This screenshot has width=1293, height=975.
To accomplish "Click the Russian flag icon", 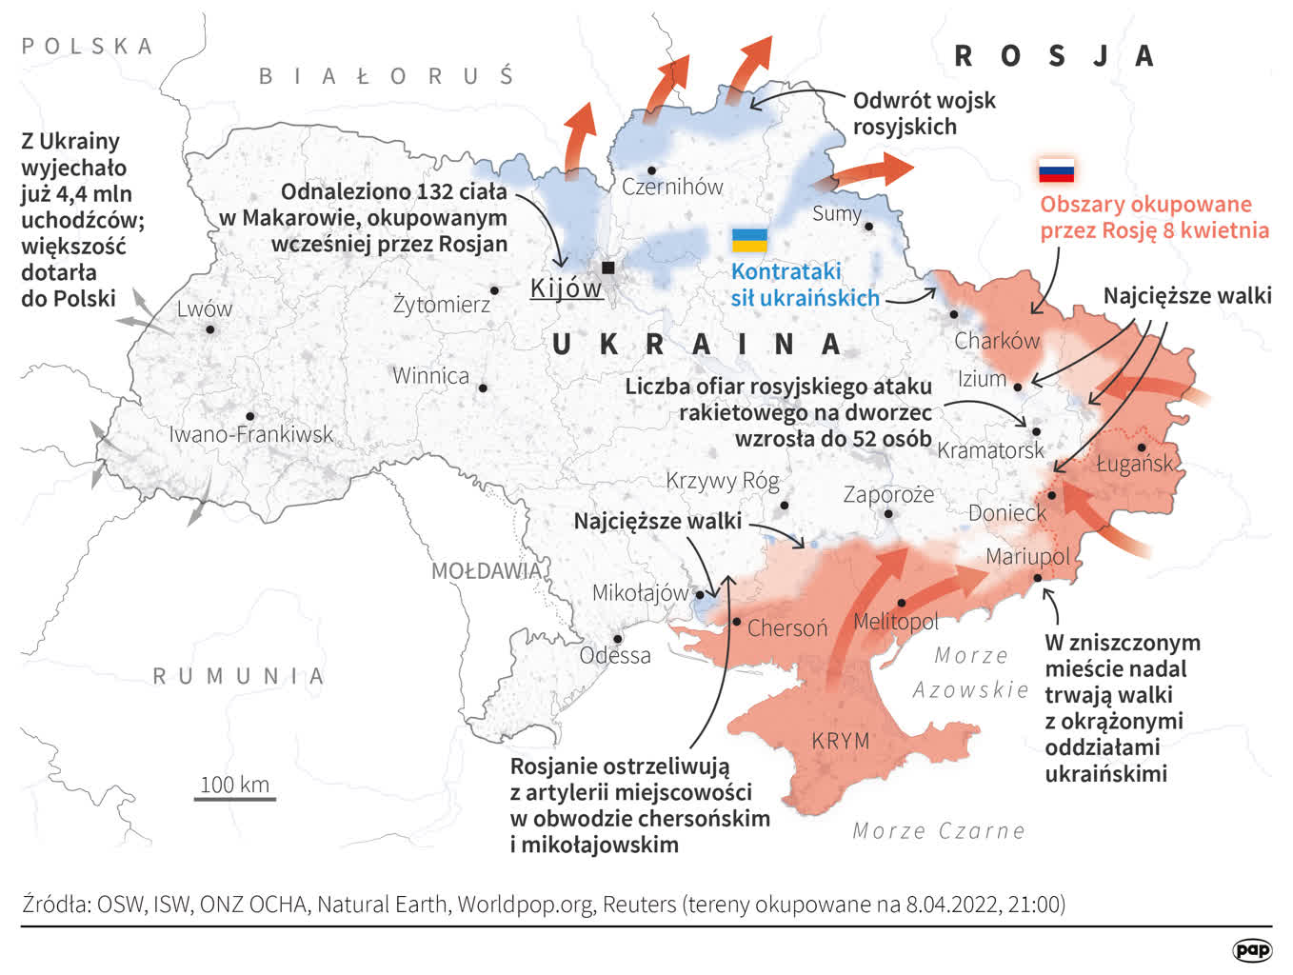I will click(1056, 170).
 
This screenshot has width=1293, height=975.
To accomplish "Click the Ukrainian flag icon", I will click(749, 241).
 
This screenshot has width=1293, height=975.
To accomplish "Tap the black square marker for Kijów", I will click(607, 268).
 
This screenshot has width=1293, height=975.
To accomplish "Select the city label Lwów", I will click(204, 308).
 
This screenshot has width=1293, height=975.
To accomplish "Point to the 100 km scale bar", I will click(235, 797).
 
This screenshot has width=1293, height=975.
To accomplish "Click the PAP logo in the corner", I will click(1251, 950).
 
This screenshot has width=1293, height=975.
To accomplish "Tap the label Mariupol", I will click(1027, 556).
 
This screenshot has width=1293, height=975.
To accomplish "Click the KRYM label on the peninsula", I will click(841, 740).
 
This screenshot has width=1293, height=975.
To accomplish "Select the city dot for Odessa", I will click(617, 639).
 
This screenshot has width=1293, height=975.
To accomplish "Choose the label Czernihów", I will click(672, 187).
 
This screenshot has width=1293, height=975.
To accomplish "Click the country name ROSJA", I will click(1054, 56).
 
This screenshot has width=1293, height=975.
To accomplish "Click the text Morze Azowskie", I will click(971, 672).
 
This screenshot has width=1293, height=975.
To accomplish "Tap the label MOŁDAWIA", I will click(486, 570).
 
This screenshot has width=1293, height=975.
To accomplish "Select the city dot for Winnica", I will click(483, 388).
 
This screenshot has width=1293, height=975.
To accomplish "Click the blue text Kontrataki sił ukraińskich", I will click(805, 285).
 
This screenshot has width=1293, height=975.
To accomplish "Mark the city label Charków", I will click(997, 340).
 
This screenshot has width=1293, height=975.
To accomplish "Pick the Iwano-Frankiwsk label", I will click(250, 434).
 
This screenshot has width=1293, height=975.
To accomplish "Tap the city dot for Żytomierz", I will click(494, 290).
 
